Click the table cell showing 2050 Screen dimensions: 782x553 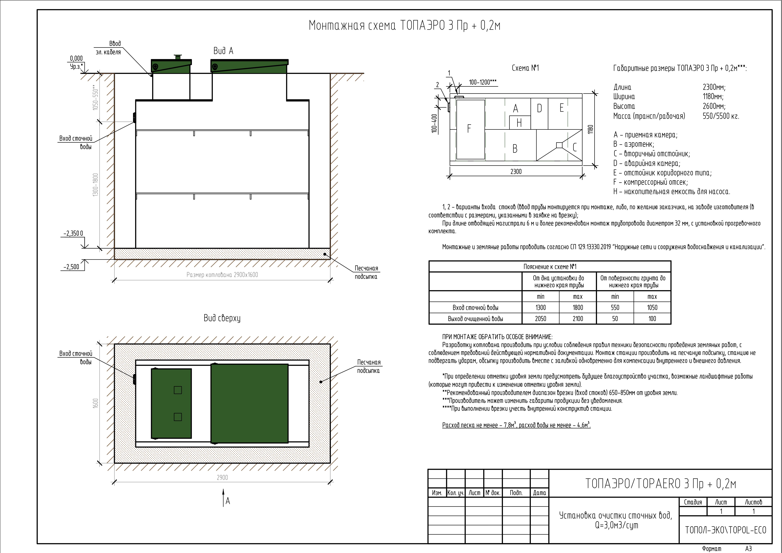point(540,319)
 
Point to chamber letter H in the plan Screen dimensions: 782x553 point(519,123)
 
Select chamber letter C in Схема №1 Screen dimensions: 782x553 point(575,147)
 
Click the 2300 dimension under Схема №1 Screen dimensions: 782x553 point(516,171)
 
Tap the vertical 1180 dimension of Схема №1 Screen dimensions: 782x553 point(591,130)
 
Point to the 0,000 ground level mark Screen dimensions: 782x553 point(76,59)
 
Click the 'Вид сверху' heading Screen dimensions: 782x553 point(222,318)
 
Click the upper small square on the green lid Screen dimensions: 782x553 point(178,390)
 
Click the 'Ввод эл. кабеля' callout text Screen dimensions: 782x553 point(109,48)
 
